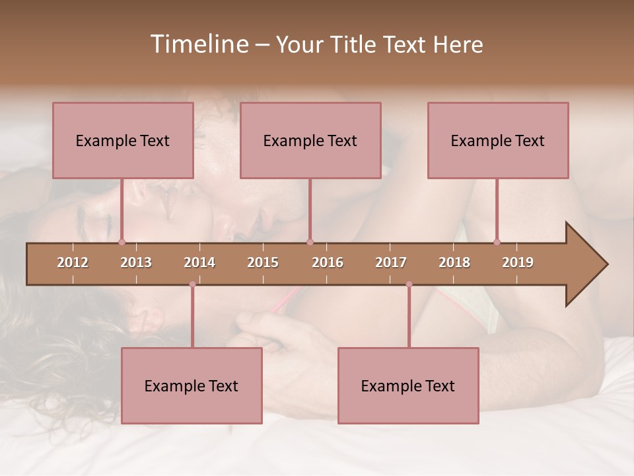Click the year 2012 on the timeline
coord(73,262)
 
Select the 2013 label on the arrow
coord(136,262)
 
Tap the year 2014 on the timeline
coord(199,262)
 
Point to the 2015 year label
coord(263,262)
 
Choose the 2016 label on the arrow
coord(328,262)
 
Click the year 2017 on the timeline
coord(391,262)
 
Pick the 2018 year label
coord(454,262)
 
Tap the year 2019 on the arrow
coord(518,262)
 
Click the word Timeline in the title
coord(199,44)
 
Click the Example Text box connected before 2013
coord(123,140)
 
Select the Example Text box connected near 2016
coord(310,140)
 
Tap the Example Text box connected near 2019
coord(498,140)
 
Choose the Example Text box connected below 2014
coord(192,385)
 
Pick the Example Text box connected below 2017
coord(408,385)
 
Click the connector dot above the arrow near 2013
coord(122,242)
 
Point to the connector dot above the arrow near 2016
coord(310,242)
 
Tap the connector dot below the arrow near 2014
coord(192,284)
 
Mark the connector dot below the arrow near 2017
coord(409,284)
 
